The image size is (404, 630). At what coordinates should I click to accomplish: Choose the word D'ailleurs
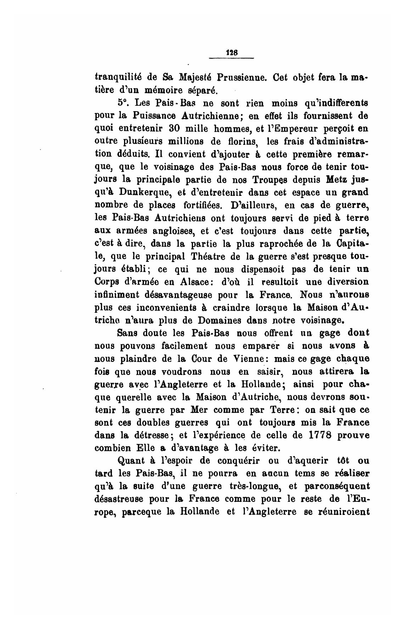pos(251,205)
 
